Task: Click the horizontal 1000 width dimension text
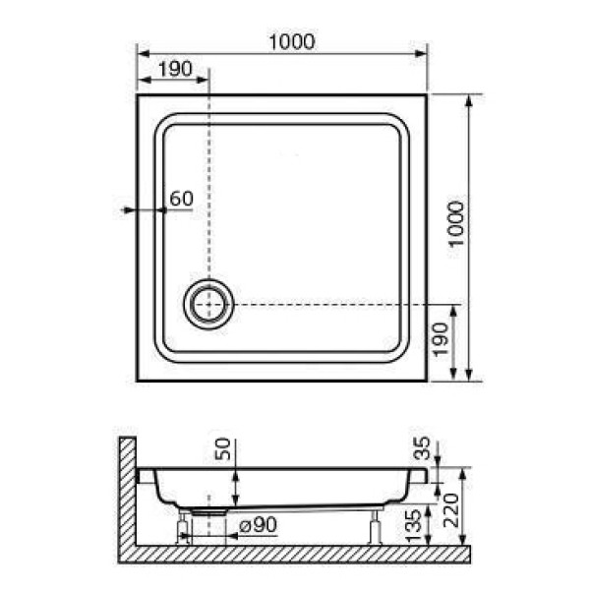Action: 290,41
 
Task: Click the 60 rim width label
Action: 181,199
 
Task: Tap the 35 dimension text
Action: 424,452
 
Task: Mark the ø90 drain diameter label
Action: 258,526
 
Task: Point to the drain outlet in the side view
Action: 207,510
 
